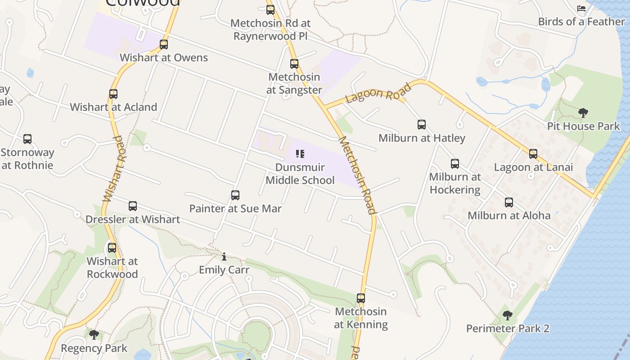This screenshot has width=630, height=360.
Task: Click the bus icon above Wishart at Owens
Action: point(164,45)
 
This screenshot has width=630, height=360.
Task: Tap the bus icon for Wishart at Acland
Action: point(113,94)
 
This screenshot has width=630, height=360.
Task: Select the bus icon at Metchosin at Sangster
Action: point(294,64)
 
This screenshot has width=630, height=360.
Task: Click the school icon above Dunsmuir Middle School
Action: point(300,154)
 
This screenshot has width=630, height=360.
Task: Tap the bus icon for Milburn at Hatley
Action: point(422,125)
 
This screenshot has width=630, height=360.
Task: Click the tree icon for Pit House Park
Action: point(583,112)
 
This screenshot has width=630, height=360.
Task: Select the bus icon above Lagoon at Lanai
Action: point(533,154)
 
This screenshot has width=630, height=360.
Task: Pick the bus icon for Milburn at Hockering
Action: point(455,164)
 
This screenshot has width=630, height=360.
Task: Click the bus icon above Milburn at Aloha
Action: point(509,202)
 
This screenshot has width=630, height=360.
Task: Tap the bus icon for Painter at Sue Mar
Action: point(235,195)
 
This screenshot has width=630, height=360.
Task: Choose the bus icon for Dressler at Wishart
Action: point(133,206)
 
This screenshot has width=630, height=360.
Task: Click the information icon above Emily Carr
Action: point(224,257)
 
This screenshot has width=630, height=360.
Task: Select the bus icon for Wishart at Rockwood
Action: point(112,248)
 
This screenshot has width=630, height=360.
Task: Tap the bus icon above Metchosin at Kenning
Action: point(361,298)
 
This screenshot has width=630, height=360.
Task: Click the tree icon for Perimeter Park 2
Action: point(508,315)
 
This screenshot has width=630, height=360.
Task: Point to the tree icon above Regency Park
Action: point(94,335)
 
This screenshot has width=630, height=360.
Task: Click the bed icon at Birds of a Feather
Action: point(581,9)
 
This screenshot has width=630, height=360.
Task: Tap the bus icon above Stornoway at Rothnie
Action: point(27,139)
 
